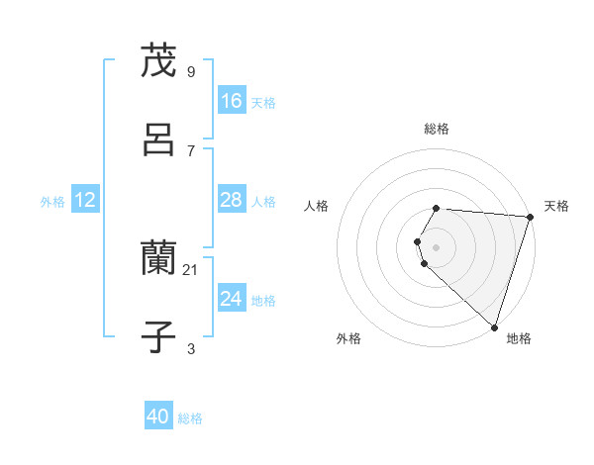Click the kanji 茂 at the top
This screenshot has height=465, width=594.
(x=159, y=61)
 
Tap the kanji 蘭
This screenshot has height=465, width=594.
(x=159, y=259)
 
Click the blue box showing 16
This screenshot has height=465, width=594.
(x=232, y=101)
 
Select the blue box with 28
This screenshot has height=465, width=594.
(x=232, y=200)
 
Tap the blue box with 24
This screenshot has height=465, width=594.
(x=232, y=299)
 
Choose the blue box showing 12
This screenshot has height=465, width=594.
(x=85, y=200)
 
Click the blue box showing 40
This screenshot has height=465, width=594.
(x=158, y=418)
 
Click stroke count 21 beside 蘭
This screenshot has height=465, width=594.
(x=191, y=269)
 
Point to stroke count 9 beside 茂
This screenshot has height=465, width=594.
(x=191, y=71)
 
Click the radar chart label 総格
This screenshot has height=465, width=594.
(x=437, y=129)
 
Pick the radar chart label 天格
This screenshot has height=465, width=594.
(x=557, y=206)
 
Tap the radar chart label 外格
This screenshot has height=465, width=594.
(x=348, y=338)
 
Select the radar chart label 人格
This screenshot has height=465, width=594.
(x=317, y=206)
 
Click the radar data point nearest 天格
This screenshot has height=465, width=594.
(x=530, y=217)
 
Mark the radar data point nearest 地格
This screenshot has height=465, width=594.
(x=494, y=326)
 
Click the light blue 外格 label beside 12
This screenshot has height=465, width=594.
(x=52, y=201)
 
